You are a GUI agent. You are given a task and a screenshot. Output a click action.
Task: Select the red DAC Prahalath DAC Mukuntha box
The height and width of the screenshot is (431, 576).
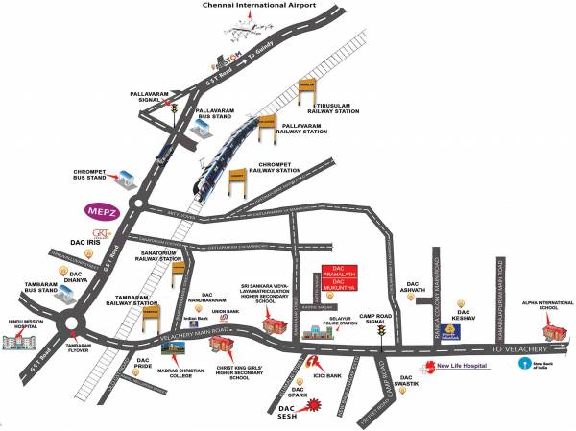(x=339, y=276)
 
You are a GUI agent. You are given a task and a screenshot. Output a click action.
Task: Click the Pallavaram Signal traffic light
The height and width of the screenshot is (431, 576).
(x=175, y=111)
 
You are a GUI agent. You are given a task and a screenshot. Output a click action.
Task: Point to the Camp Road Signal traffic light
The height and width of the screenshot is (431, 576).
(x=381, y=332)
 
